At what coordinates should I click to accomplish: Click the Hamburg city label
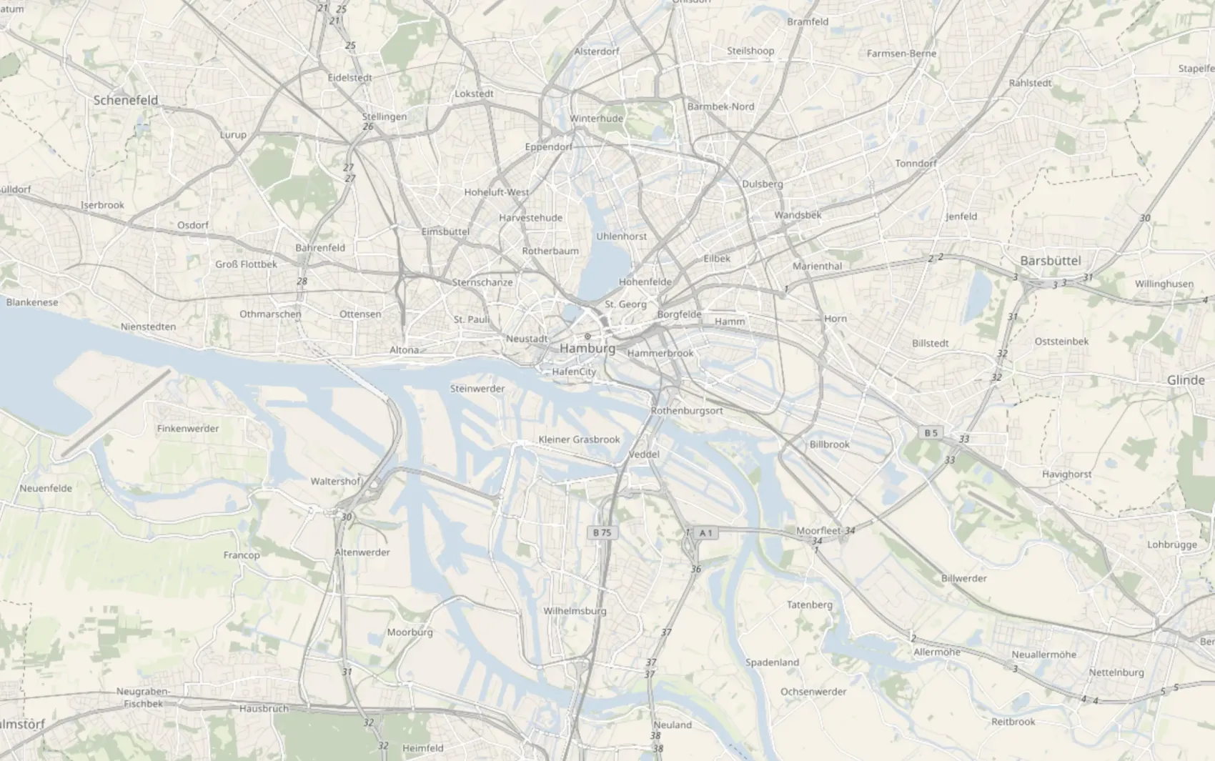(587, 348)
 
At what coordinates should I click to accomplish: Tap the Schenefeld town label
(126, 100)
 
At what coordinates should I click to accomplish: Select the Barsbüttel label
(1050, 261)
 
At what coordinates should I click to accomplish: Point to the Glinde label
(1185, 380)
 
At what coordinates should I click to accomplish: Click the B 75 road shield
(602, 532)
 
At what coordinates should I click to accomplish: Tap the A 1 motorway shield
(705, 532)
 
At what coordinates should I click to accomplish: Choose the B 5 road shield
(931, 432)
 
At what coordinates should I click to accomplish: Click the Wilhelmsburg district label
(575, 611)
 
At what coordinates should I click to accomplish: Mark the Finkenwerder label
(188, 429)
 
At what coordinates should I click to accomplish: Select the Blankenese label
(32, 302)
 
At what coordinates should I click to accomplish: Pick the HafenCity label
(573, 372)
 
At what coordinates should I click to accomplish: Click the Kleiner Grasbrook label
(579, 439)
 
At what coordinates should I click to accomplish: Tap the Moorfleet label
(818, 530)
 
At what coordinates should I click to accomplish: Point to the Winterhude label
(596, 119)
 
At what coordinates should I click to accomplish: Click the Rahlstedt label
(1030, 83)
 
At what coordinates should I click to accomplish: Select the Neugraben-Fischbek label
(143, 697)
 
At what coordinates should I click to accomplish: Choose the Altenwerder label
(362, 552)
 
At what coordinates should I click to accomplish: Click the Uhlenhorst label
(621, 237)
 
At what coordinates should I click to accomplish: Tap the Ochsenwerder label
(813, 692)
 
